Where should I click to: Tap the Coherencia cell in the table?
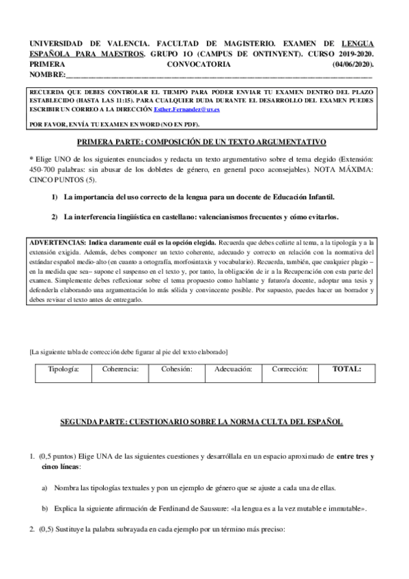click(x=121, y=369)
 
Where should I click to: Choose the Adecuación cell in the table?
click(x=233, y=369)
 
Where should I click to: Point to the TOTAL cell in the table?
click(x=346, y=369)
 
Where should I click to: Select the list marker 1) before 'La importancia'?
click(x=55, y=197)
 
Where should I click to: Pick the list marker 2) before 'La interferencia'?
click(x=55, y=217)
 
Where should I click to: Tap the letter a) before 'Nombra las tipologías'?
click(x=45, y=488)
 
